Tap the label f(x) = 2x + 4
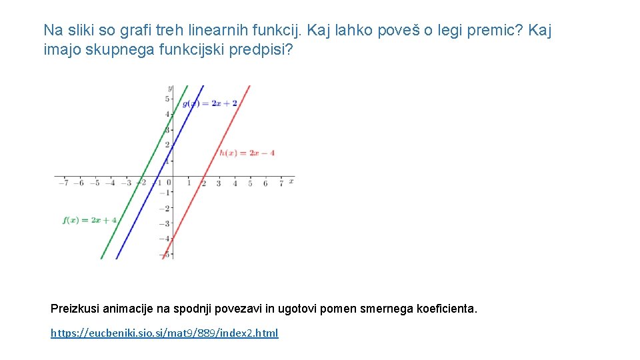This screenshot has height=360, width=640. coord(90,220)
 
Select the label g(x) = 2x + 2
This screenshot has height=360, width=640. coord(210,103)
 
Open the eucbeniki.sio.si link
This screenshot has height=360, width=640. coord(165,333)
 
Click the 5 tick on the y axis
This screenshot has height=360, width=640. coord(167,99)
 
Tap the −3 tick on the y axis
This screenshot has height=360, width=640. coord(166,224)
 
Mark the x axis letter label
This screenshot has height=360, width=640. coord(291,181)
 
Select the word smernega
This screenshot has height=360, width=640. coord(387,309)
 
